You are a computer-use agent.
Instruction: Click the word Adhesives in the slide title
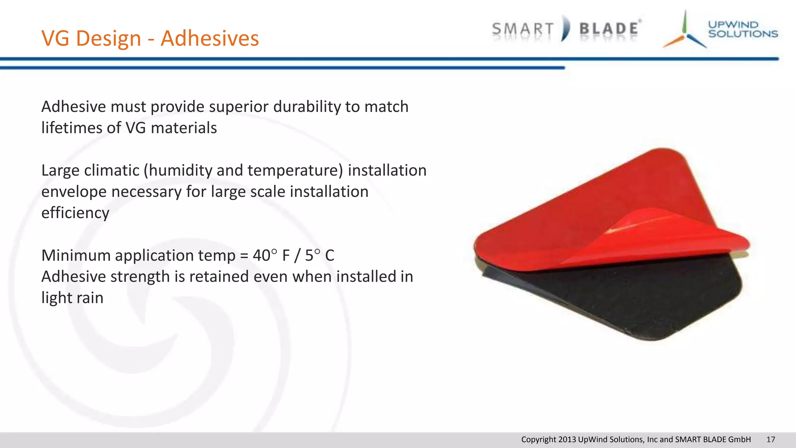point(210,38)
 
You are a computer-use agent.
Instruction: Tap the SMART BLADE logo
point(566,29)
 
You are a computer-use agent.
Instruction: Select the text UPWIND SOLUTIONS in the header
point(742,30)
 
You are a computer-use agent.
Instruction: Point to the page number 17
point(770,439)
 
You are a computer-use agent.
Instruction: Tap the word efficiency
point(75,213)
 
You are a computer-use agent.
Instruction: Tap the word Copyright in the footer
point(538,439)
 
